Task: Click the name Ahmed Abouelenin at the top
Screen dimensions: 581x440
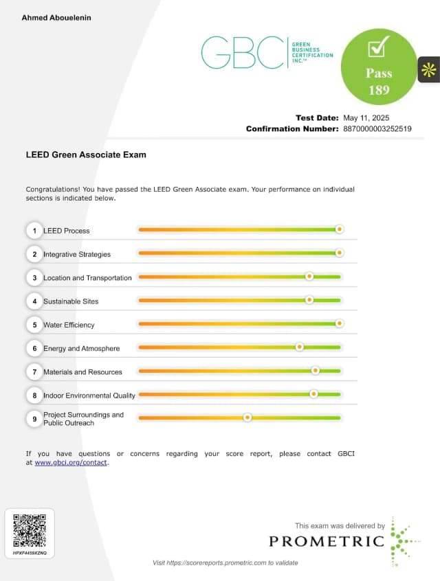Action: (x=56, y=17)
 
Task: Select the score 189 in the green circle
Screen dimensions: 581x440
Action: (x=378, y=89)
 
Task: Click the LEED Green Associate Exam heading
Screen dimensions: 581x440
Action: (x=86, y=155)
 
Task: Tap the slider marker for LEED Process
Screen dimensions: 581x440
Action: (x=339, y=229)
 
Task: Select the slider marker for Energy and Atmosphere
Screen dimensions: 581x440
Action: (x=299, y=348)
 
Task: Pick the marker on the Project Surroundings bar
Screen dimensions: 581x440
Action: (x=247, y=418)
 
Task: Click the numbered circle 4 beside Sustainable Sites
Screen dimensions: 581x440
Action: (x=34, y=301)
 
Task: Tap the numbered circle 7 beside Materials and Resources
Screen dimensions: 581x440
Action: (x=34, y=372)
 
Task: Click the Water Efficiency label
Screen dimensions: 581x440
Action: (x=69, y=325)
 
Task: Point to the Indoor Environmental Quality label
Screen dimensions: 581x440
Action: (x=89, y=396)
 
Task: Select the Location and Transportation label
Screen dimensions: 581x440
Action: (x=87, y=278)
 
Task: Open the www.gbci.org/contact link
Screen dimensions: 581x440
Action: (x=71, y=463)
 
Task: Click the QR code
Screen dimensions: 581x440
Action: (x=30, y=529)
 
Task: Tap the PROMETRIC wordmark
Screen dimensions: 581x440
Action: (x=327, y=541)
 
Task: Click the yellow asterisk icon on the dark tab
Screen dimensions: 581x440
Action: (x=429, y=69)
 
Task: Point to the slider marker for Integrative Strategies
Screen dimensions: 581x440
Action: (x=339, y=253)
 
